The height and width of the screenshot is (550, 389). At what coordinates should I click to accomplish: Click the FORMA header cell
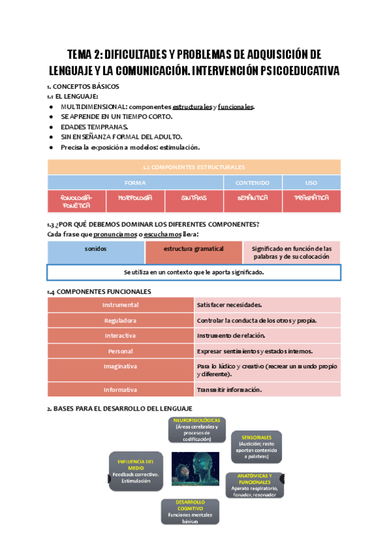tap(136, 183)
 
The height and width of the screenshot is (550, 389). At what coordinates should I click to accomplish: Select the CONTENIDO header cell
tap(252, 183)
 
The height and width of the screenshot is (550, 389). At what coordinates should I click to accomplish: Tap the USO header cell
tap(311, 183)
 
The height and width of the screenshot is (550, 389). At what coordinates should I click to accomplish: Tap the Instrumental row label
tap(121, 305)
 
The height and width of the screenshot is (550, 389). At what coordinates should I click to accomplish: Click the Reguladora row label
tap(121, 320)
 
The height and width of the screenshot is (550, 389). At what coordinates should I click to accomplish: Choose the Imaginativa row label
tap(121, 366)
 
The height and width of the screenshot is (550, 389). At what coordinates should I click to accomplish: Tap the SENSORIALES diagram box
tap(256, 446)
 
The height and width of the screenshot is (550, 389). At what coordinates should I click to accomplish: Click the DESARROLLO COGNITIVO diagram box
tap(190, 511)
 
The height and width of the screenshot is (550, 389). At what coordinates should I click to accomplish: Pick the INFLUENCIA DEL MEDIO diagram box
tap(136, 471)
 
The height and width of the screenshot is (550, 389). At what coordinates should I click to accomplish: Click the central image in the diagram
tap(195, 469)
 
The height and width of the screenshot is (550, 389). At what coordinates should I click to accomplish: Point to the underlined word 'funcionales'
tap(235, 107)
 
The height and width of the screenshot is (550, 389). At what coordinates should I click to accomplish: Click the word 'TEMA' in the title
tap(82, 54)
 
